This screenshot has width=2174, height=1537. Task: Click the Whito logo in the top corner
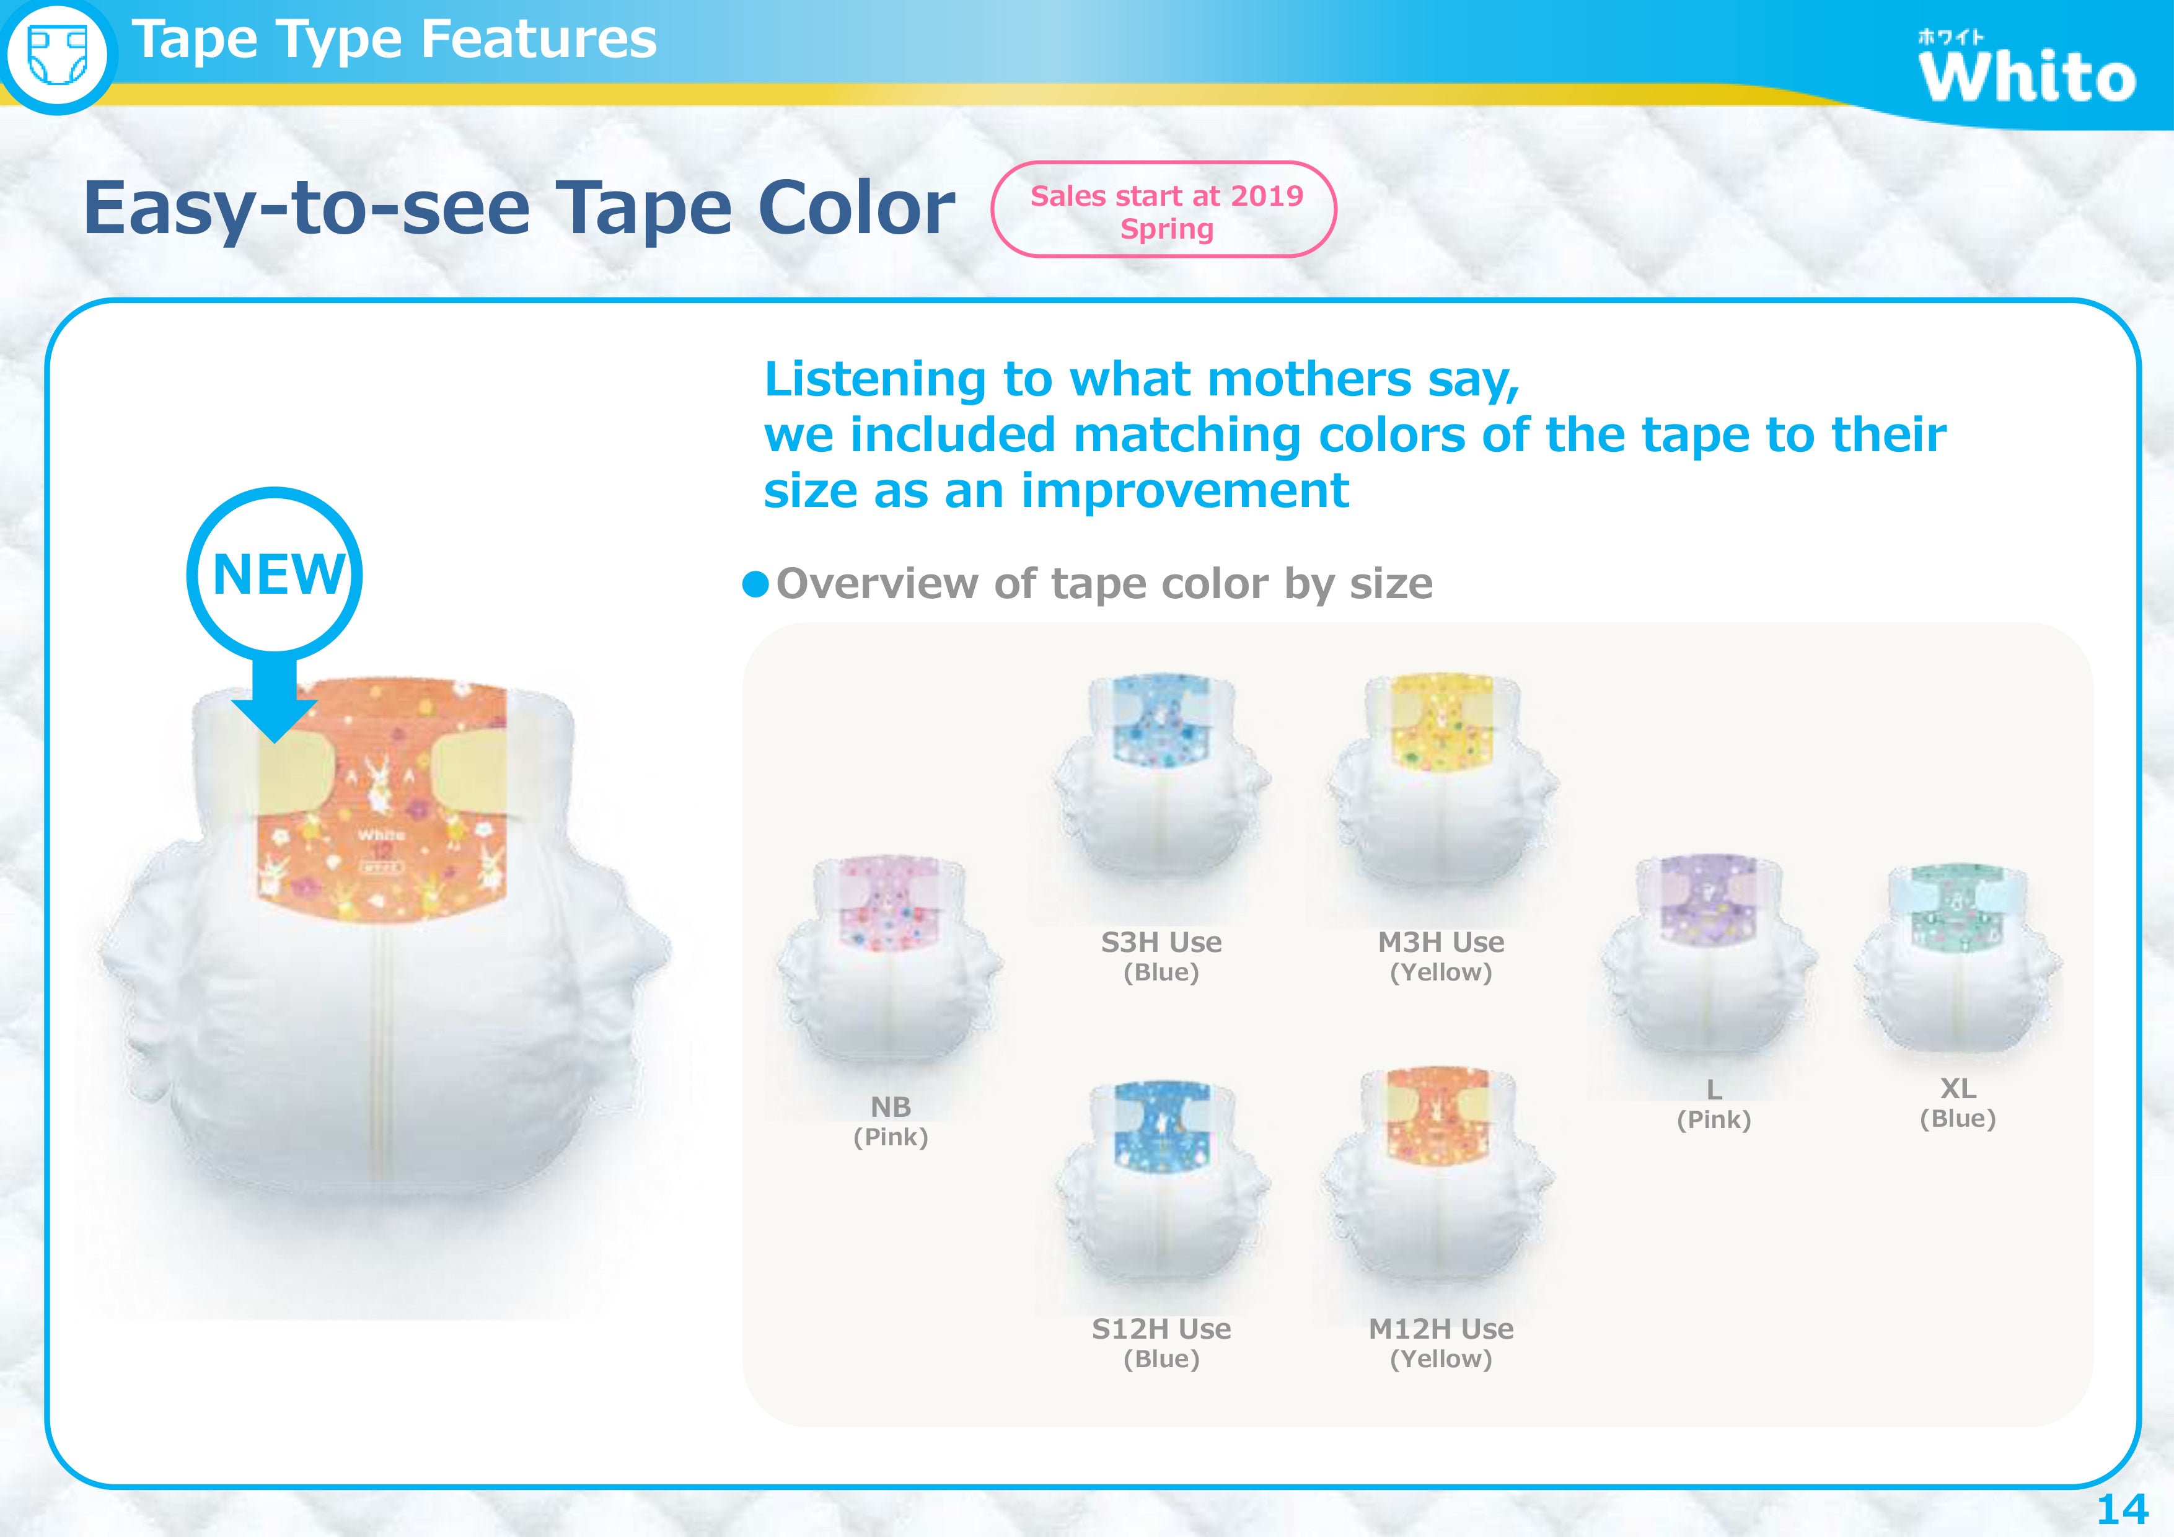2027,66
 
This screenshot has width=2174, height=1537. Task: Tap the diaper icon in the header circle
58,55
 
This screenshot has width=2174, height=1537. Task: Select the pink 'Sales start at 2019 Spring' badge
1164,209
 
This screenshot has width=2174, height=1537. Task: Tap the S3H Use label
1161,942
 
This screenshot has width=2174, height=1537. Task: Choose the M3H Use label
1440,942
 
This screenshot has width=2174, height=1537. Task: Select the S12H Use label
1161,1329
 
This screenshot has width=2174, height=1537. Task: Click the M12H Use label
1440,1329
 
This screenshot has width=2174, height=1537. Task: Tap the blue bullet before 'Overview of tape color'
755,584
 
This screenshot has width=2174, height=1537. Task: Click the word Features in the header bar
538,40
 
